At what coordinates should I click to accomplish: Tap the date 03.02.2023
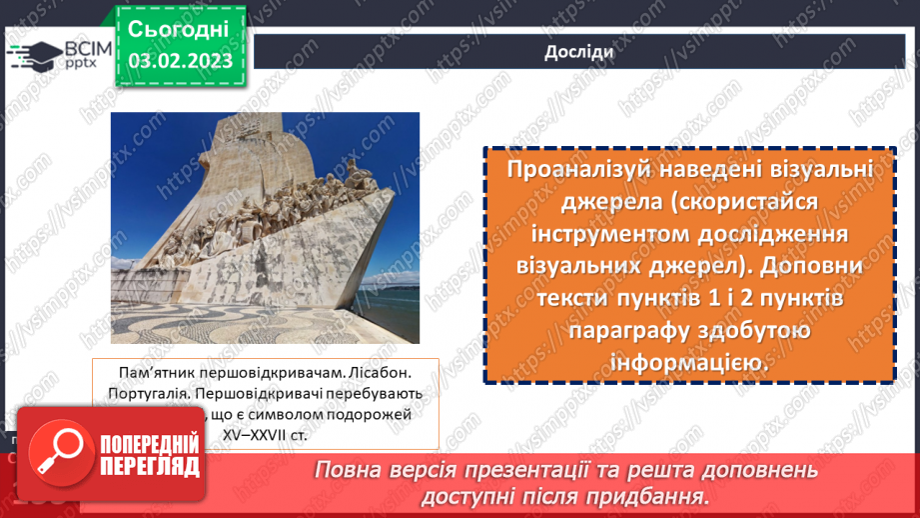[181, 60]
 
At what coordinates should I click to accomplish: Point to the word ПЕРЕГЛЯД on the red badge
[150, 467]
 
